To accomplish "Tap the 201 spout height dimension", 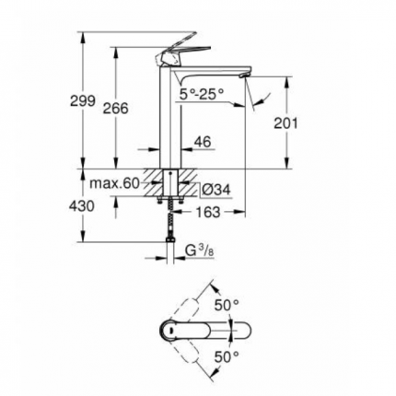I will pos(287,122).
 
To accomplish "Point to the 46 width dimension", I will pos(204,143).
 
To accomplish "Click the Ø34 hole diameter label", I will pos(215,189).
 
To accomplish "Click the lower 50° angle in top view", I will pos(227,355).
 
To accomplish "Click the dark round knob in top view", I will pos(172,329).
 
